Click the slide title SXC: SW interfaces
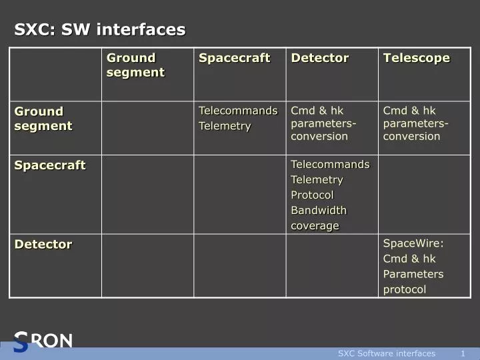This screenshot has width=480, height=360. point(100,29)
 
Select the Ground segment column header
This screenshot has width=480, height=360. point(135,65)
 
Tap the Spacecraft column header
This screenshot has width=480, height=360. point(235,58)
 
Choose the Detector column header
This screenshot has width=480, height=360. point(320,58)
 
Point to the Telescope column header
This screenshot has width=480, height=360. point(417,58)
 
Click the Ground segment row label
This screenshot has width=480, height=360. point(43,119)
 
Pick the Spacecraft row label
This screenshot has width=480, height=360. point(50,165)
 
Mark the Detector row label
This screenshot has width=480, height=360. point(43,244)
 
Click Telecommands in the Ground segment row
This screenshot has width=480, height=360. point(238,111)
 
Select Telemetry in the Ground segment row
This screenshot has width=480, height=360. point(225,126)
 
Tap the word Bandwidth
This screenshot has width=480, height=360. point(319,210)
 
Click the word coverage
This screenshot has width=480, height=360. point(315,225)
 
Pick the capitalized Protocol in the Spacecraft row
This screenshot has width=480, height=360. point(312,195)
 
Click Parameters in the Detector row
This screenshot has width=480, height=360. point(413,274)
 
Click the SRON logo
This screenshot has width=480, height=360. point(43,341)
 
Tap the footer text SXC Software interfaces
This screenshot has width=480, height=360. point(387,353)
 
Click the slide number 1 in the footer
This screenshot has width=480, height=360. point(463,353)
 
